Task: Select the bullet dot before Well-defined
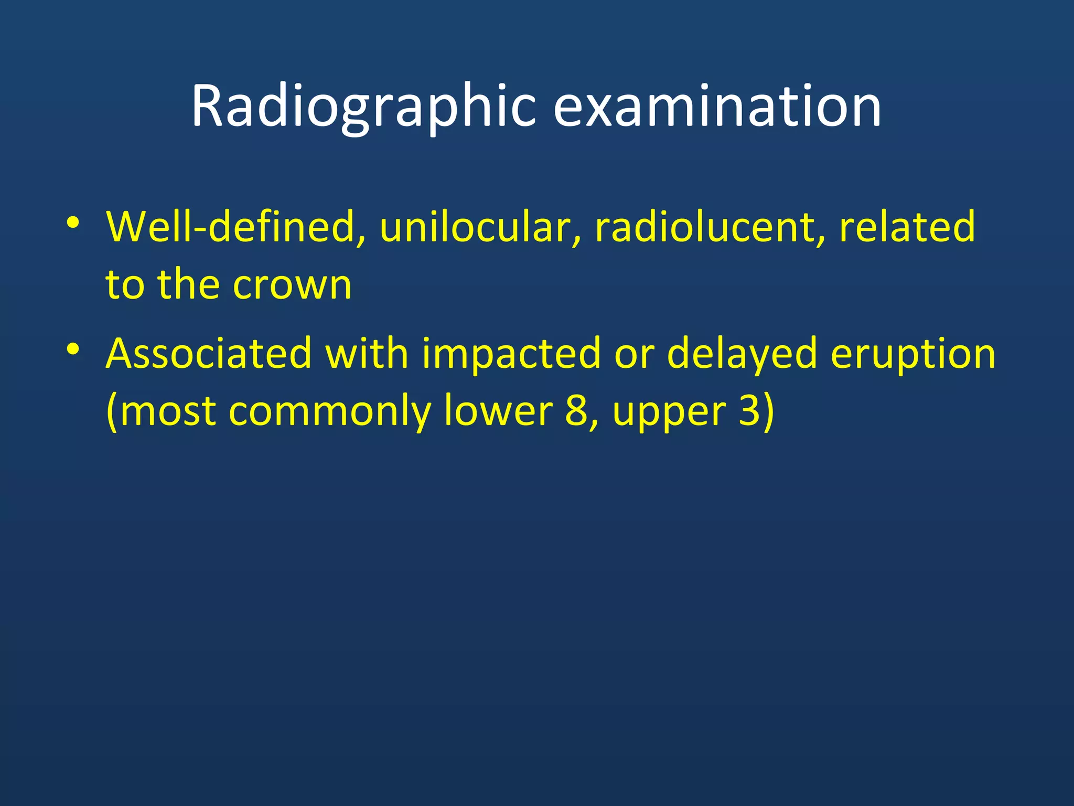pos(73,222)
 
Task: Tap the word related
pos(907,227)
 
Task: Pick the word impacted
pos(511,354)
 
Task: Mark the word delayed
pos(742,354)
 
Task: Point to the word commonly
pos(330,411)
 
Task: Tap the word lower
pos(498,411)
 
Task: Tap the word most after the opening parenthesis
pos(168,411)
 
